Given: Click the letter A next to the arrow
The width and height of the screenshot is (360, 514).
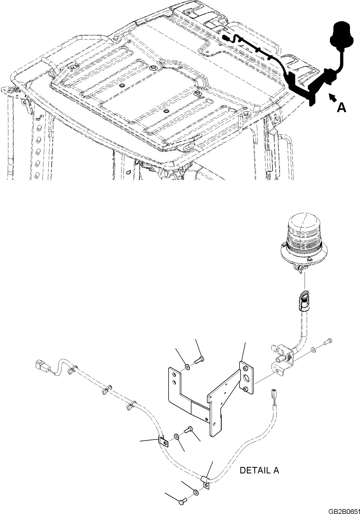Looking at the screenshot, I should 341,108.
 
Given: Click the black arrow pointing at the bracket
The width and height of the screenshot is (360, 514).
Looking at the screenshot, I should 332,98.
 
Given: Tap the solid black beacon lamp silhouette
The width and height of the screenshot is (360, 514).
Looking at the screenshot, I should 341,37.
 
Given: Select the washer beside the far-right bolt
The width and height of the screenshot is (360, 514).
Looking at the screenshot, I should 313,350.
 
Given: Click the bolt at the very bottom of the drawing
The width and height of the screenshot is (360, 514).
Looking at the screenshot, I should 182,502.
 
